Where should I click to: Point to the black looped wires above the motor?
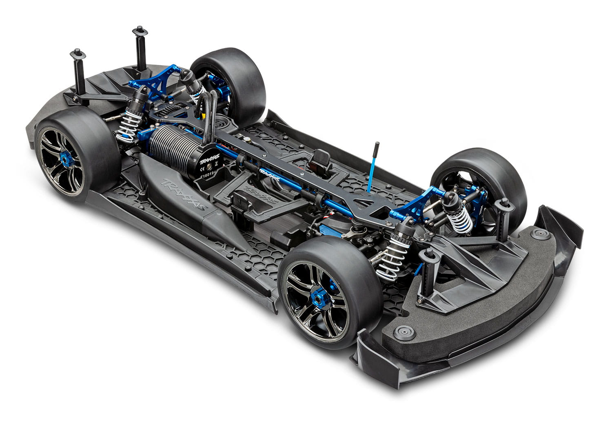click(211, 114)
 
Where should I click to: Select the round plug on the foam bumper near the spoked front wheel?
click(404, 332)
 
